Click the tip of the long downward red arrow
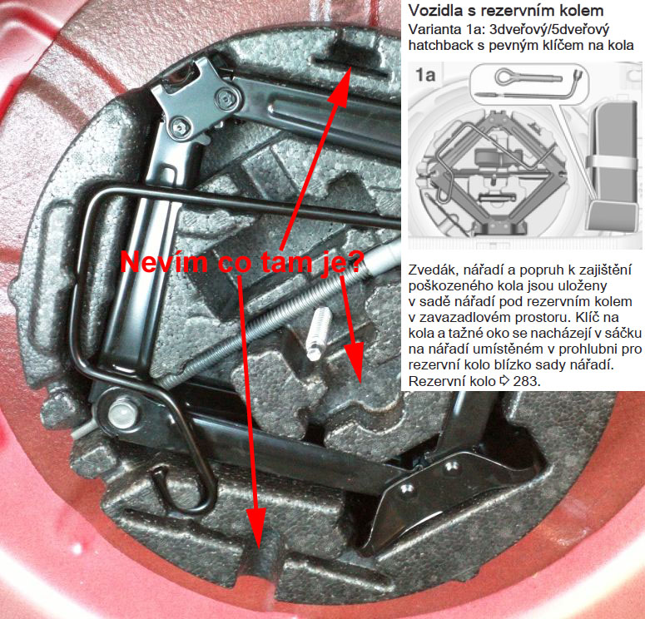[258, 548]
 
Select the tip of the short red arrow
[360, 383]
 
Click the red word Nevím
[164, 262]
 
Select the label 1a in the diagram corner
[425, 75]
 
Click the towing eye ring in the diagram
[506, 76]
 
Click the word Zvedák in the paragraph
[432, 270]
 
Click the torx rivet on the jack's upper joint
[226, 99]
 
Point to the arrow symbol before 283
[504, 381]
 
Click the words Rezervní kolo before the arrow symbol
[452, 381]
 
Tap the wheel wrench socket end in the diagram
[577, 75]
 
